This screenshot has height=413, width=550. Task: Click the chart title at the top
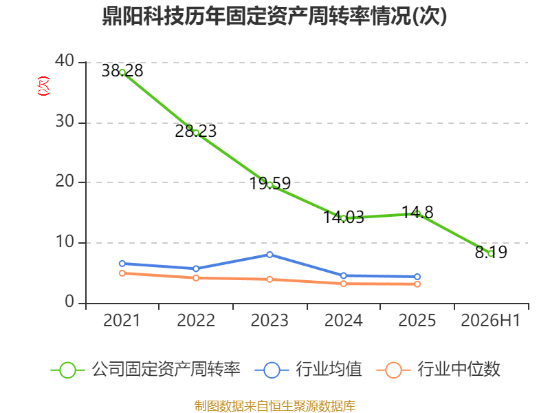coord(274,16)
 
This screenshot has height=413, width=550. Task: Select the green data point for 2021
coord(122,73)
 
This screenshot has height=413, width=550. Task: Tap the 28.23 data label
coord(196,131)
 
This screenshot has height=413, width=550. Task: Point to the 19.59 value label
coord(270,183)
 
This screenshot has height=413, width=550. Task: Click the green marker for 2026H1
coord(491,253)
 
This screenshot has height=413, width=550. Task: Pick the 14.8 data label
coord(417,212)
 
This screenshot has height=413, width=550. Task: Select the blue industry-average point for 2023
coord(269,255)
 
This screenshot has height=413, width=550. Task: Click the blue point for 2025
coord(417,277)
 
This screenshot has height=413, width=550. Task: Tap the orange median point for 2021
coord(122,273)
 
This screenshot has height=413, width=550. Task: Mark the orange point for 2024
coord(343,284)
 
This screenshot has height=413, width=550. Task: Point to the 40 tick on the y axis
coord(65,61)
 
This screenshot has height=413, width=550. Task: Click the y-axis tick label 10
coord(65,242)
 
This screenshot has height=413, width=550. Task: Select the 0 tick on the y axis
coord(69,302)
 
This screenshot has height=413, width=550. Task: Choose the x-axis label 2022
coord(196,320)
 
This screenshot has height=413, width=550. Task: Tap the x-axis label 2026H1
coord(490,320)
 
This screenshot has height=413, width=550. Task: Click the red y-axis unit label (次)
coord(43,86)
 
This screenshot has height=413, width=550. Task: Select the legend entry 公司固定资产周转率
coord(146,370)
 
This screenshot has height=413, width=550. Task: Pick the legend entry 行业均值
coord(308,370)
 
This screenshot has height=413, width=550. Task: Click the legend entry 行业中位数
coord(438,370)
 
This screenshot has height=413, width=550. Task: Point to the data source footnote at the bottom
coord(275,406)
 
